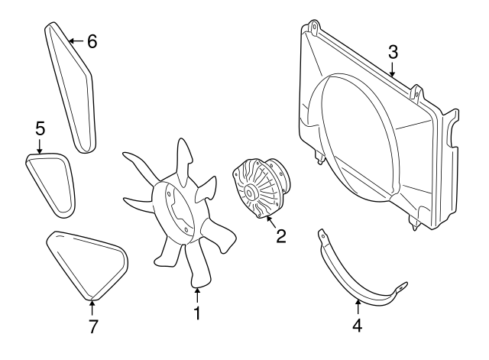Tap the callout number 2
point(280,236)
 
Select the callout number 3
point(393,52)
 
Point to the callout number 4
point(358,326)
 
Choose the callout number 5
point(40,128)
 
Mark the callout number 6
point(92,41)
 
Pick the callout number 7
point(92,326)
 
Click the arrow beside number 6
point(76,41)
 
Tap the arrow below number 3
point(393,70)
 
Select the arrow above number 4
point(358,306)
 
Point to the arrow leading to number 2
point(270,222)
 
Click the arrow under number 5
point(39,146)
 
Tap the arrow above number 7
point(92,307)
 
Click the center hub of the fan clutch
point(250,193)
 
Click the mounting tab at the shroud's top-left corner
point(313,25)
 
